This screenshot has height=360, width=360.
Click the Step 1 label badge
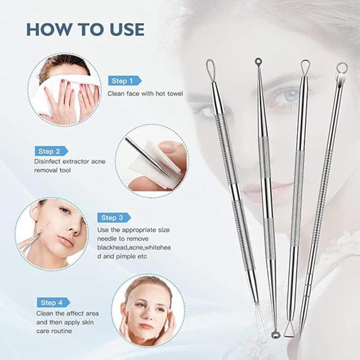click(x=125, y=81)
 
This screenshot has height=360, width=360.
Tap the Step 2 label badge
click(x=51, y=151)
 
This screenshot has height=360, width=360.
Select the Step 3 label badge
click(x=114, y=218)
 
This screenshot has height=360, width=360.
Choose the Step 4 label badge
click(x=54, y=303)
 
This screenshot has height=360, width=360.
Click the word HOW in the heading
click(x=49, y=29)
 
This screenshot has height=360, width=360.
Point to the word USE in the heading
click(x=125, y=29)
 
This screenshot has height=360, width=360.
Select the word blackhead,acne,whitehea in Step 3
click(x=134, y=248)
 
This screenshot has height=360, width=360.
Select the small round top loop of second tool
click(x=258, y=62)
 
